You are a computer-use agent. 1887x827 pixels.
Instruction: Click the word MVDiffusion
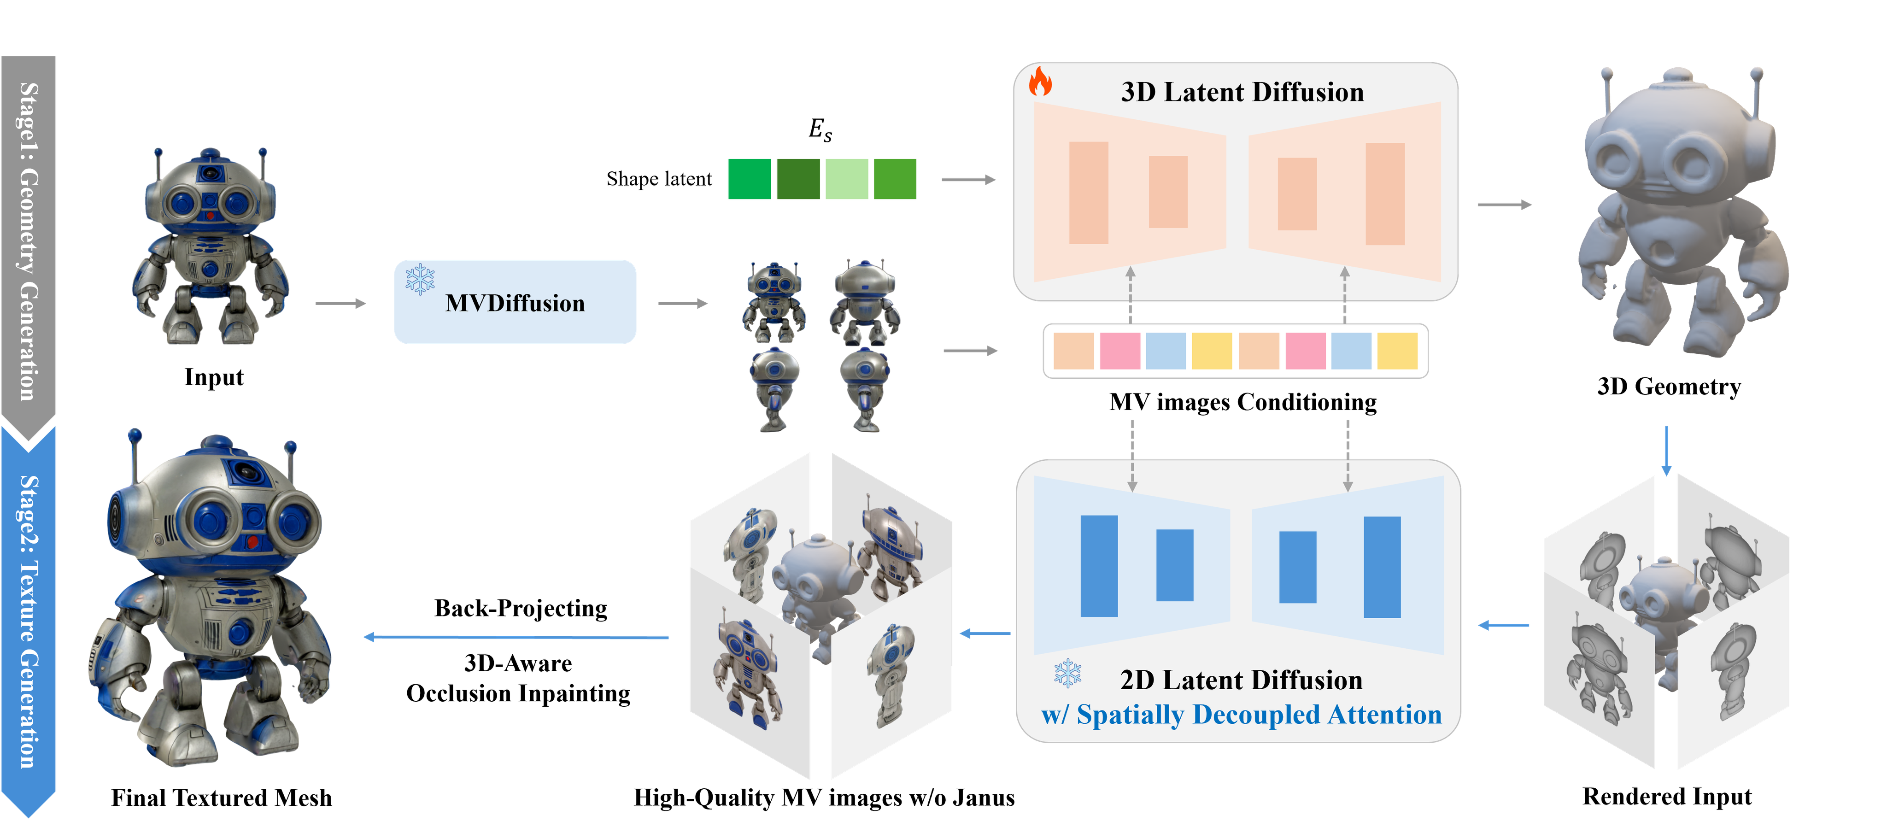pos(515,303)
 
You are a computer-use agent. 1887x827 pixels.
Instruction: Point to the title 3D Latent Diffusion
pos(1242,92)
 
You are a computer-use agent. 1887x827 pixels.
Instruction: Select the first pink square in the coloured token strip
pos(1119,351)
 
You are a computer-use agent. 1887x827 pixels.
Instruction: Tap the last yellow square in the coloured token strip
pos(1397,351)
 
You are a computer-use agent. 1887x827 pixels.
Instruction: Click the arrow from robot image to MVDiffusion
pos(340,303)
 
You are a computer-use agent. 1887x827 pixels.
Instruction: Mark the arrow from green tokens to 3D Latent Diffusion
pos(967,180)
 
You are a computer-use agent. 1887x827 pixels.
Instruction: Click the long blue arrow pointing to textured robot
pos(516,637)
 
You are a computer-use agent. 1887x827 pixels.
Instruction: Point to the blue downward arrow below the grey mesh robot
pos(1666,451)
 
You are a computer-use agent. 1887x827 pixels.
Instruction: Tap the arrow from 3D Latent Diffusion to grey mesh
pos(1504,205)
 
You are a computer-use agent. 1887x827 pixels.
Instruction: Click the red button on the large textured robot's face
pos(252,542)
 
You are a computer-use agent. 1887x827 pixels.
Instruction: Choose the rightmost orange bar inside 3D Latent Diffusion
pos(1384,194)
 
